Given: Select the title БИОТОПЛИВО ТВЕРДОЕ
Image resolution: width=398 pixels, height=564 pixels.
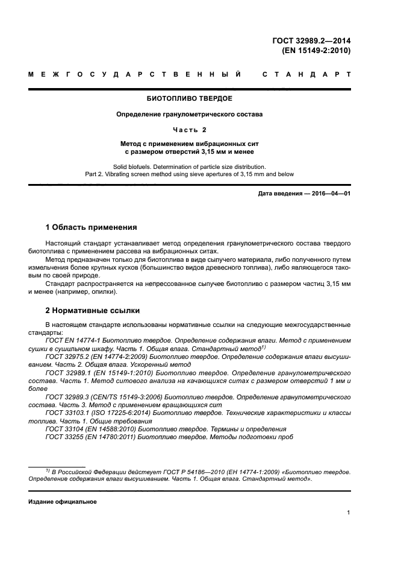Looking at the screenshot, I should [x=190, y=98].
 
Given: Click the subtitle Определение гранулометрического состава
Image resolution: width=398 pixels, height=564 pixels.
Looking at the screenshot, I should [x=190, y=114].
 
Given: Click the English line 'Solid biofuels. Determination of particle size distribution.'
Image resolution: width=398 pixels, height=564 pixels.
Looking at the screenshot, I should [x=190, y=166].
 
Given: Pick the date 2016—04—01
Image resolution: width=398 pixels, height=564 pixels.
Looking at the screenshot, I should [x=331, y=193].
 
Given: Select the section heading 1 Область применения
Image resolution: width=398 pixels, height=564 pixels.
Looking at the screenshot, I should [x=92, y=227].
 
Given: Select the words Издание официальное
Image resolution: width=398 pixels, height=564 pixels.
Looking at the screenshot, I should [x=63, y=501].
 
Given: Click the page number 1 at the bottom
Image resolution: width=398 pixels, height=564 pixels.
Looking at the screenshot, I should [x=349, y=513].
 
